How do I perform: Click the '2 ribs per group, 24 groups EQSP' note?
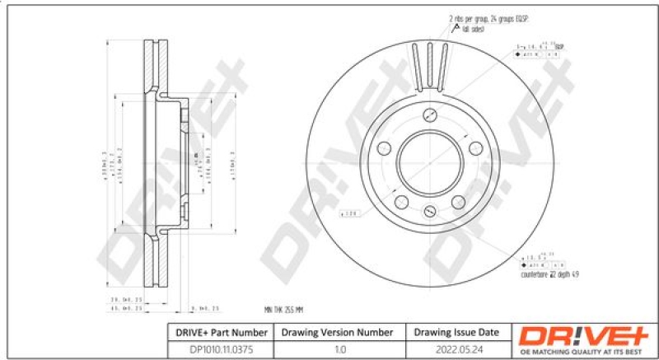[x=488, y=18]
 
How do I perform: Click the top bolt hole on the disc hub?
[x=430, y=116]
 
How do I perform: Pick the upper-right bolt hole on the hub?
[x=475, y=147]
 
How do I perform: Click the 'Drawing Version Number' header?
[x=338, y=332]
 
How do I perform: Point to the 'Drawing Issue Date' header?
[x=456, y=332]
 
